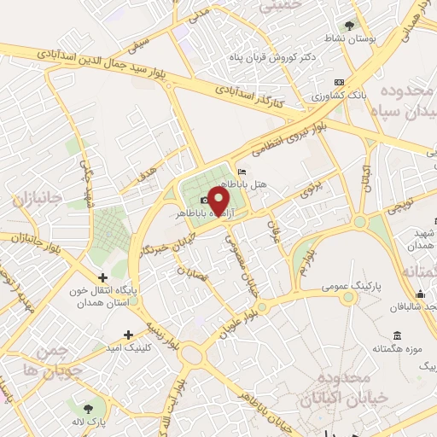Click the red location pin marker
pyautogui.click(x=220, y=201)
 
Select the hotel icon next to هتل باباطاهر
pyautogui.click(x=242, y=172)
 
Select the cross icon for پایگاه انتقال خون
pyautogui.click(x=103, y=277)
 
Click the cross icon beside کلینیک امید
pyautogui.click(x=128, y=335)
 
